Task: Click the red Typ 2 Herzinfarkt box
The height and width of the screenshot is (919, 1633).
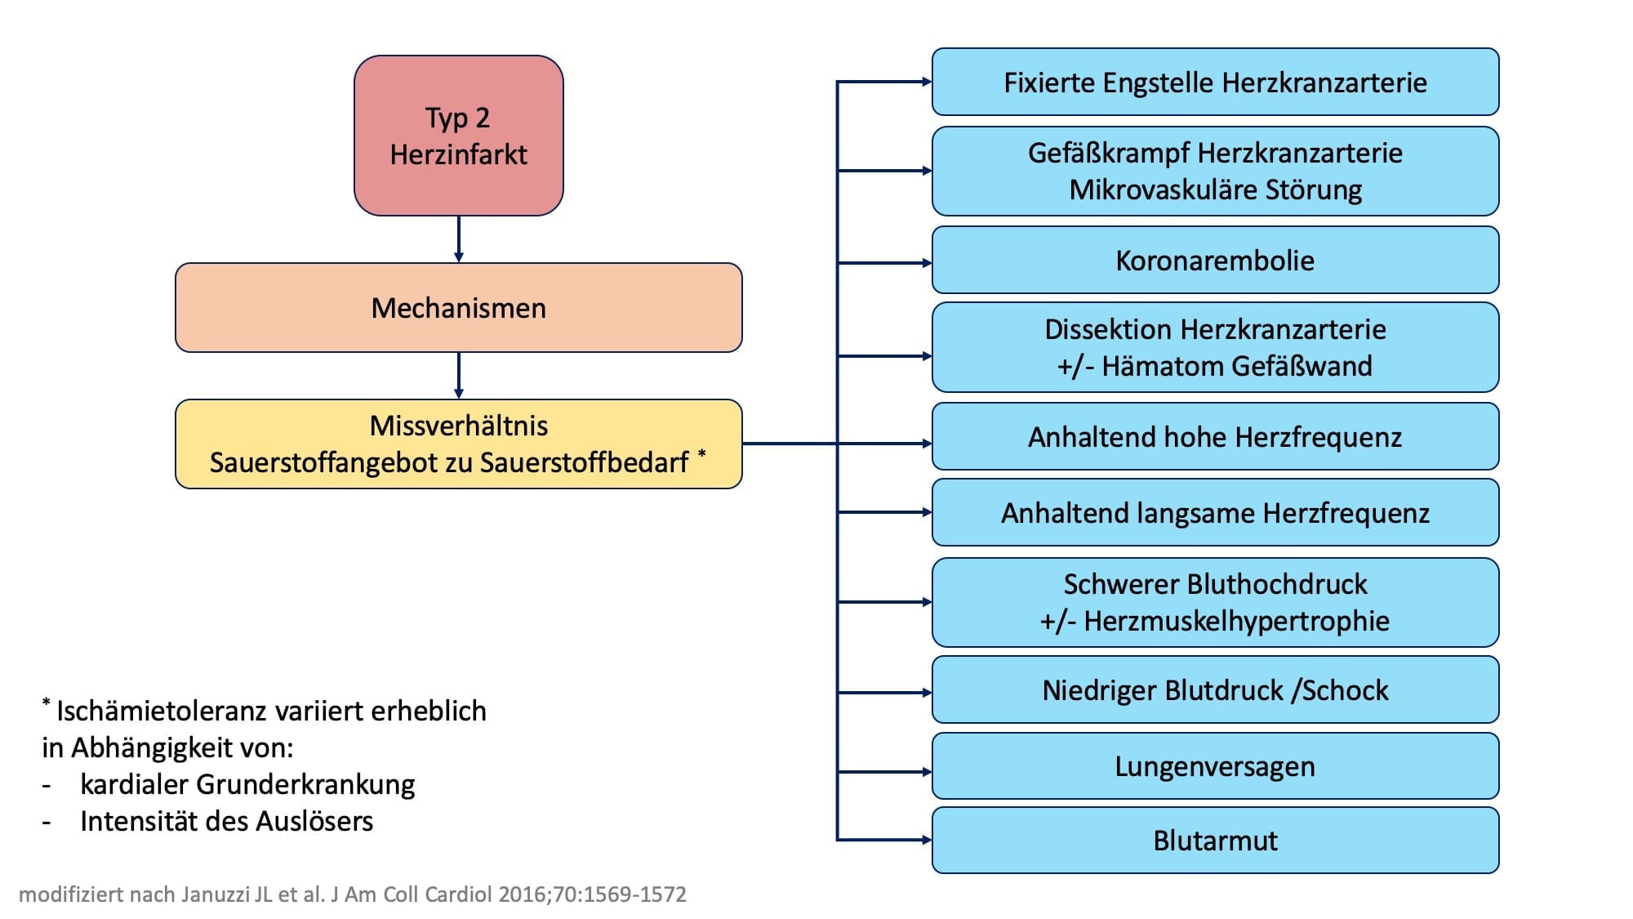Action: [459, 136]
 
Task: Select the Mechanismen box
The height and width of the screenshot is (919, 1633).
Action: [459, 308]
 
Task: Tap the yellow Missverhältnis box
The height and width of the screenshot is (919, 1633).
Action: [459, 444]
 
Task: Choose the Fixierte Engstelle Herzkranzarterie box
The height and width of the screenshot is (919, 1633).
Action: [1216, 82]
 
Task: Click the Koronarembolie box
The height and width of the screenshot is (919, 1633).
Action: [1216, 260]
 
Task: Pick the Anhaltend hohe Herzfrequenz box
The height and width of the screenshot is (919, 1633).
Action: [1216, 436]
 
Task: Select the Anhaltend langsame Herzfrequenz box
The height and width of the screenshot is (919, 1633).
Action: [1216, 512]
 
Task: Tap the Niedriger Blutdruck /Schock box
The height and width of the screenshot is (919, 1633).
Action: [1216, 689]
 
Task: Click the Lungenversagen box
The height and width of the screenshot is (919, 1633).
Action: [1216, 766]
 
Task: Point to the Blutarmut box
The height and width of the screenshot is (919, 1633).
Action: [1216, 840]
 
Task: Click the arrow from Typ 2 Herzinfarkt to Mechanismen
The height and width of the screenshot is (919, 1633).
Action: [459, 239]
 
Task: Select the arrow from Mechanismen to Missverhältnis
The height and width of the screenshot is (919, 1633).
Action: [459, 376]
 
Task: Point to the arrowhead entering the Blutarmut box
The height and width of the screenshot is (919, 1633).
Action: [927, 840]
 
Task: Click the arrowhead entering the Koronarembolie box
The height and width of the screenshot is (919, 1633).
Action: [927, 263]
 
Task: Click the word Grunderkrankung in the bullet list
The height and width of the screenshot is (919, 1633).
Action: [305, 784]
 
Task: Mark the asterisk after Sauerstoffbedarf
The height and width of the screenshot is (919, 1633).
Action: [701, 453]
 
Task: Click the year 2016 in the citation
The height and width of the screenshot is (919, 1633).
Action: [523, 894]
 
